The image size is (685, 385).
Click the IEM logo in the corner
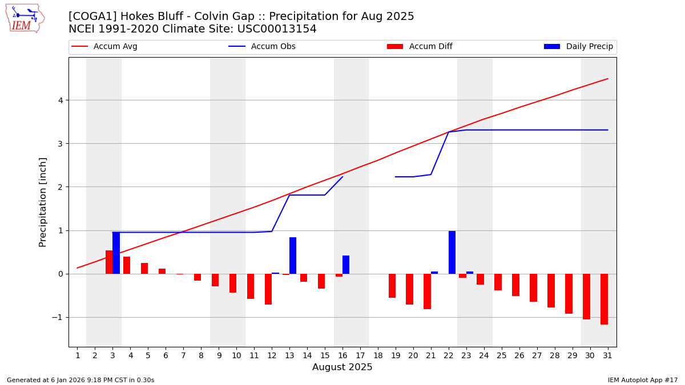coord(25,18)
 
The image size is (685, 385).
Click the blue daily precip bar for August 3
coord(116,253)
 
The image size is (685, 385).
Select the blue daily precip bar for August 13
coord(293,256)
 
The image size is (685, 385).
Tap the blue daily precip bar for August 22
coord(452,252)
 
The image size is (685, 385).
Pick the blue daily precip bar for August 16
coord(346,265)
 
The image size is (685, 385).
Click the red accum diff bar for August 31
coord(604,299)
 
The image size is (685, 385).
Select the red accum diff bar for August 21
coord(427,291)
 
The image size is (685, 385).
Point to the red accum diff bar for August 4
coord(127,265)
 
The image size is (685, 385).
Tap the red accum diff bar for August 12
coord(268,289)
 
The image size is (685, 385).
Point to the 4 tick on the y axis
coord(59,100)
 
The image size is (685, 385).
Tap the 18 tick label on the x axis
coord(378,356)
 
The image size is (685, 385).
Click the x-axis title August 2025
coord(342,367)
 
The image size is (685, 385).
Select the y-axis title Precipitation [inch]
coord(43,202)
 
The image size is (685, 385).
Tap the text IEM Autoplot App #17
coord(643,380)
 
